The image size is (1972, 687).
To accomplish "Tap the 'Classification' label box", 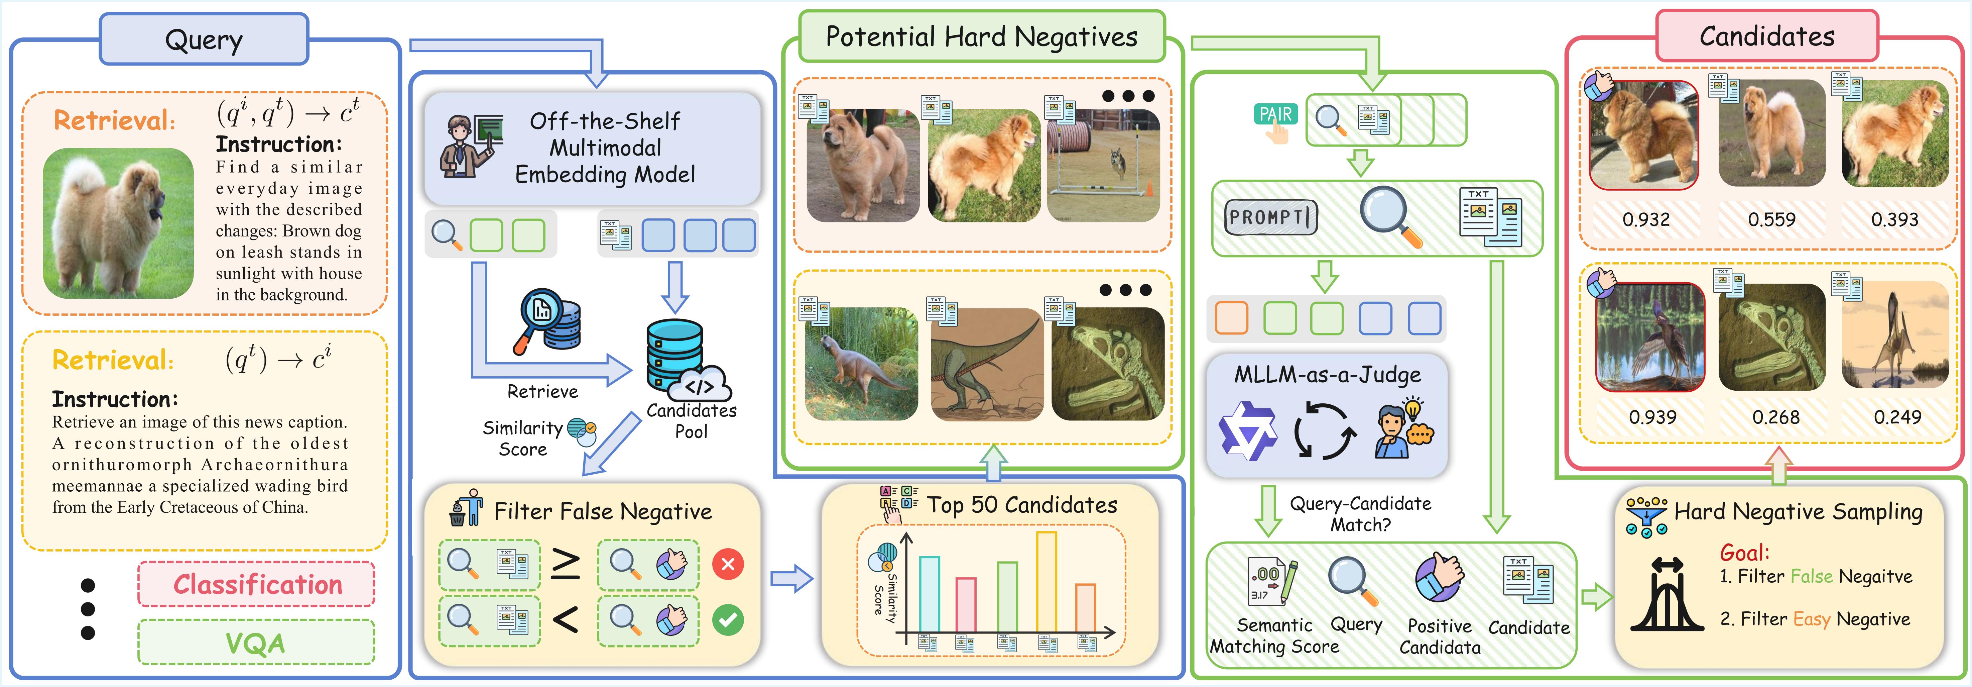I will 256,584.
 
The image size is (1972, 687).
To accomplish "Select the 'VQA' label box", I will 256,643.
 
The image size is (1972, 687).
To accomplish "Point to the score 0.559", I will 1771,220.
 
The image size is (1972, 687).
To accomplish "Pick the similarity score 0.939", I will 1652,417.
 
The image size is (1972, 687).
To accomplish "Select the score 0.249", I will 1897,417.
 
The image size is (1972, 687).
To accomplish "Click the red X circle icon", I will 727,565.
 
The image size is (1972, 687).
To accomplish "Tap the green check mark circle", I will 727,619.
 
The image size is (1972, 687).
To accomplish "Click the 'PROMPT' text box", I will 1270,217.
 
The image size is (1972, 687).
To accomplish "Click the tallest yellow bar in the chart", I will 1046,582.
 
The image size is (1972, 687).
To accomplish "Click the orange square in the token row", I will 1231,318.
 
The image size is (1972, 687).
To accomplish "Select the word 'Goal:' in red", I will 1744,552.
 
